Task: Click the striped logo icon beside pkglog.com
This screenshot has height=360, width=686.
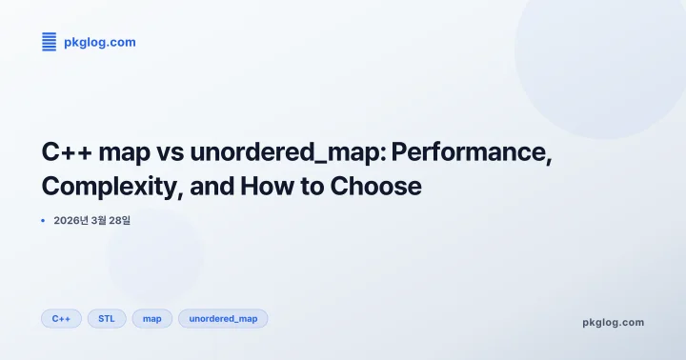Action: coord(50,41)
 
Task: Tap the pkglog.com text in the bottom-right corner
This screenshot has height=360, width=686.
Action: coord(613,322)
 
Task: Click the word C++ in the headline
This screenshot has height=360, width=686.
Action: coord(68,153)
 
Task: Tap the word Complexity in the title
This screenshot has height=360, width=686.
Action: coord(111,187)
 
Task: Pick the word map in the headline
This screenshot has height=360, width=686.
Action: coord(132,153)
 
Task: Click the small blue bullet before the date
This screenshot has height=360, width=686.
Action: coord(43,220)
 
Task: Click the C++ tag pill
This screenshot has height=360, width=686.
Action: coord(61,318)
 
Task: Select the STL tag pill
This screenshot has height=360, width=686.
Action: coord(107,318)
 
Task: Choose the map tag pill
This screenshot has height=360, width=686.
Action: coord(151,318)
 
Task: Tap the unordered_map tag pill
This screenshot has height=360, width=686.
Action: coord(223,318)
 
